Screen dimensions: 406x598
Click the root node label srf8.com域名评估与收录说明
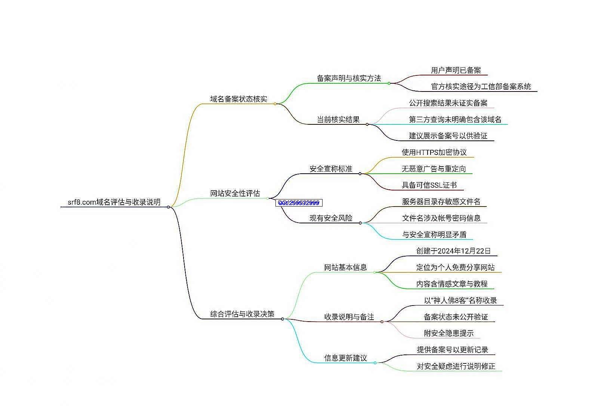(114, 202)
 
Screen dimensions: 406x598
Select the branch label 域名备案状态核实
(238, 99)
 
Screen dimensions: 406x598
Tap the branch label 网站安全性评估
(235, 193)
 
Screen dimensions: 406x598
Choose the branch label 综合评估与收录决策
(242, 314)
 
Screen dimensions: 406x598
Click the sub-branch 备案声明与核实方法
(349, 78)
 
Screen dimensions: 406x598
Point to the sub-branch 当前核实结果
(338, 120)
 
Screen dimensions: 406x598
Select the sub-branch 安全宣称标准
(331, 169)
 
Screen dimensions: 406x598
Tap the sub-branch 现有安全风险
(331, 218)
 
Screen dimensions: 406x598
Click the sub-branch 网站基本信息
(345, 267)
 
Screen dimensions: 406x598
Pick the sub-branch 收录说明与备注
(349, 317)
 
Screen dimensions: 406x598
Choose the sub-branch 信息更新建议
(345, 358)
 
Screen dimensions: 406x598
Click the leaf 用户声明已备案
(456, 70)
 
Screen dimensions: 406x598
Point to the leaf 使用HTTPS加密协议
(434, 152)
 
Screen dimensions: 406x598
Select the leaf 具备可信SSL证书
(429, 185)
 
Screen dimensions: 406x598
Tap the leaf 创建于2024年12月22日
(453, 251)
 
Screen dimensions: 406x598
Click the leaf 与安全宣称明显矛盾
(434, 235)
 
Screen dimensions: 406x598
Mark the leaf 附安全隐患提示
(449, 333)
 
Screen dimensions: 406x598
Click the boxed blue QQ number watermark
(299, 203)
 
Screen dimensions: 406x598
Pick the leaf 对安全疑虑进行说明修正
(456, 366)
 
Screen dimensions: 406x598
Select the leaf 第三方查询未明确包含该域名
(455, 120)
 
